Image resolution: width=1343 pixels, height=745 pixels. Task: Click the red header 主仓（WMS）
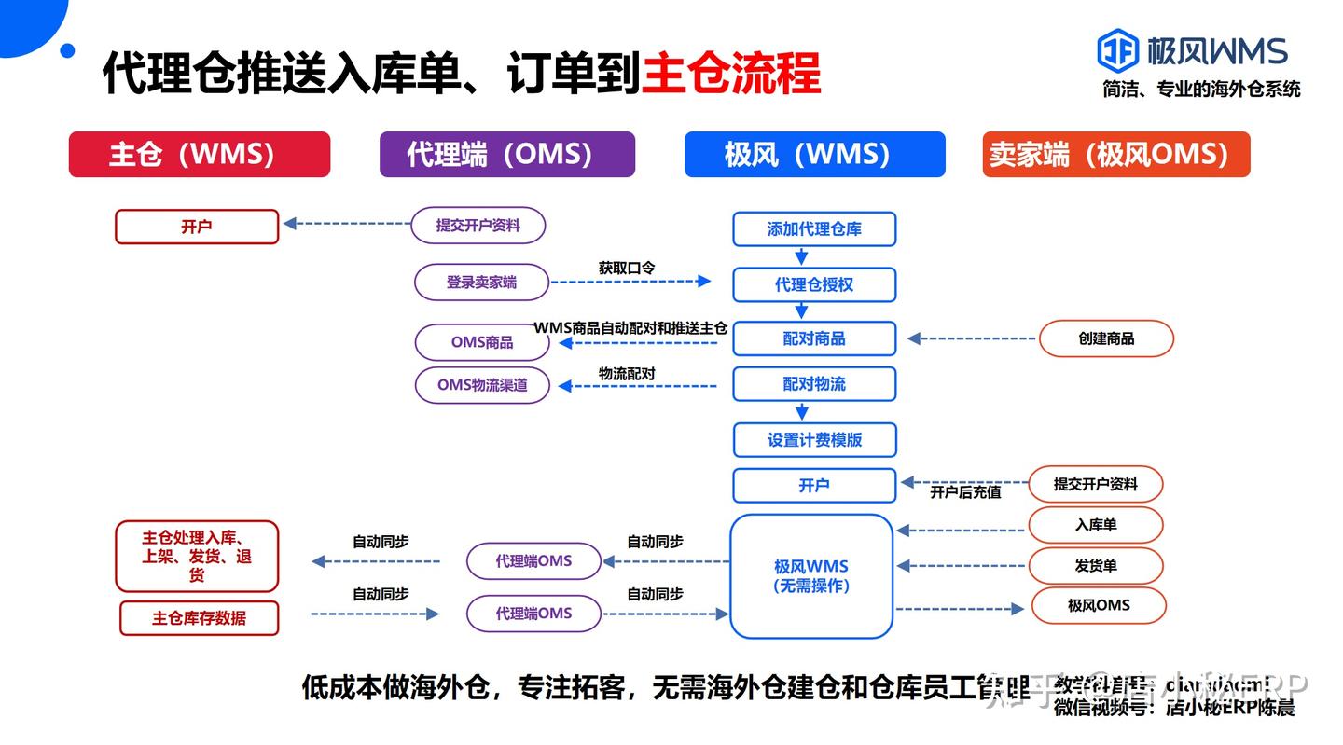199,154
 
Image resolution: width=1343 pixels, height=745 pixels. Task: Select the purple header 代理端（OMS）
506,154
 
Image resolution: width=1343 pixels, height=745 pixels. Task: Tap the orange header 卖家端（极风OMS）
1115,154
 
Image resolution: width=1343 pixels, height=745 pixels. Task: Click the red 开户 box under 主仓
197,227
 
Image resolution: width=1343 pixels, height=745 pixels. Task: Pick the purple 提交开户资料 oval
478,226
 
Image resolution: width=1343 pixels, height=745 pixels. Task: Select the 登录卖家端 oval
481,282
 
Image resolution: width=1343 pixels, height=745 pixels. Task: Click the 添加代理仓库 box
813,229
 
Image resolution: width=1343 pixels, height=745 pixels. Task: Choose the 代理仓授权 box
813,284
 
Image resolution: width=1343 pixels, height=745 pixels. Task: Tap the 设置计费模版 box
813,440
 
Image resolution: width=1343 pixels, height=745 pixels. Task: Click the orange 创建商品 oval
1106,338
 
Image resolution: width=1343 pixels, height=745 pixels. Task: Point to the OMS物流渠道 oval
482,384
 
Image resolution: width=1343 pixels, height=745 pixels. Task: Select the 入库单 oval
1095,525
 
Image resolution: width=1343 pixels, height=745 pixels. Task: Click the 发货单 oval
1095,566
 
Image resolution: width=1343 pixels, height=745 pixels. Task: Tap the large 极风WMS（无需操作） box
811,576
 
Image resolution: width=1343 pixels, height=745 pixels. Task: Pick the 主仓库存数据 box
199,618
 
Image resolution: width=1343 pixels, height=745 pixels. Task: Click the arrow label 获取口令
626,268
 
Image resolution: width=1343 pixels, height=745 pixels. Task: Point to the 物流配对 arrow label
626,373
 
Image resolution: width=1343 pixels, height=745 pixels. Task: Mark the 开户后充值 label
964,491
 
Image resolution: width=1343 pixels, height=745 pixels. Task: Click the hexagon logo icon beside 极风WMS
1117,50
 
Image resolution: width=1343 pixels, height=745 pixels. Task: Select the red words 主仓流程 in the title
731,73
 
